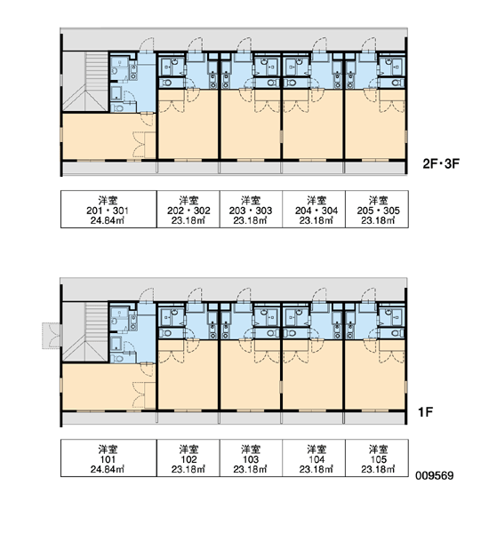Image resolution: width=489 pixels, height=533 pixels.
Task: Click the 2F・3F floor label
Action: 441,163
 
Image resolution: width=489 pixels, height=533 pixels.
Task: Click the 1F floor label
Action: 425,412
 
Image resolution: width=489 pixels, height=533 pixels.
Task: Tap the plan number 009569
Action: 435,475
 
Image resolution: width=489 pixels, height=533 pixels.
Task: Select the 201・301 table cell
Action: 108,209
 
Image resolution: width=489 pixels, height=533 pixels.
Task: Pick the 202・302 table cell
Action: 188,209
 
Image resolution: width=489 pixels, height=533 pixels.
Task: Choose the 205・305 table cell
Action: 377,209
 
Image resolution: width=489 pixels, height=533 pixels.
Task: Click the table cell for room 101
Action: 108,457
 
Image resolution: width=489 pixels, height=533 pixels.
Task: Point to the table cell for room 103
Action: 251,457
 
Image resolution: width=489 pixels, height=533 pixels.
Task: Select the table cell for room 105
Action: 377,457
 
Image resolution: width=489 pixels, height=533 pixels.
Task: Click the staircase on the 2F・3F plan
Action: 85,81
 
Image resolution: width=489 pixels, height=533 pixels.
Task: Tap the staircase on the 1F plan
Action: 85,331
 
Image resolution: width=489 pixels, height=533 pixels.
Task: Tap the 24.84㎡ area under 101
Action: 108,469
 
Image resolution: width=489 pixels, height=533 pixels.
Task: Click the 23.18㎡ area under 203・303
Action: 250,220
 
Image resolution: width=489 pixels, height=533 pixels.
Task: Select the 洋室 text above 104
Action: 317,449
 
